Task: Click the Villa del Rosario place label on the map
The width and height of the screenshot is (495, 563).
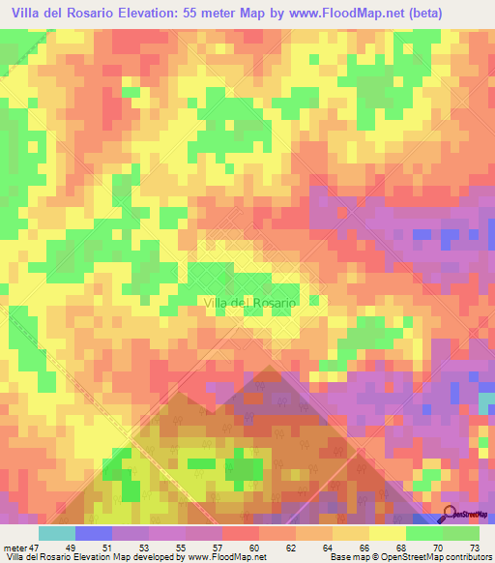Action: click(251, 302)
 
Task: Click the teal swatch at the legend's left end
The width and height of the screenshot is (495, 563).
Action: click(56, 533)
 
